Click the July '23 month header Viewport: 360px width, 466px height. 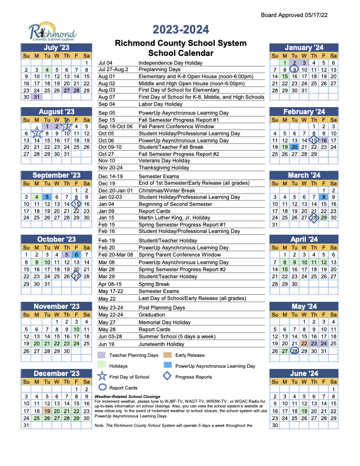click(x=56, y=47)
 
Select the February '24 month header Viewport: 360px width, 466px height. click(x=304, y=111)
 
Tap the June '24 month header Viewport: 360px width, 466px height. click(x=304, y=373)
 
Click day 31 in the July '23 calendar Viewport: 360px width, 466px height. click(x=36, y=98)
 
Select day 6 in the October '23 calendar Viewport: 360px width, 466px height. click(x=76, y=254)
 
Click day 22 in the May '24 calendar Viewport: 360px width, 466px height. click(x=304, y=343)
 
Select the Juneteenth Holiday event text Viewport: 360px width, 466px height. click(x=162, y=344)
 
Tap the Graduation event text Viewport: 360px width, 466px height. click(x=152, y=315)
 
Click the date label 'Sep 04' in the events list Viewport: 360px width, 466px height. click(x=106, y=104)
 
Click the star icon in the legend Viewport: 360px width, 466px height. click(x=104, y=377)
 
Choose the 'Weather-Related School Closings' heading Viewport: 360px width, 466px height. click(x=132, y=397)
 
